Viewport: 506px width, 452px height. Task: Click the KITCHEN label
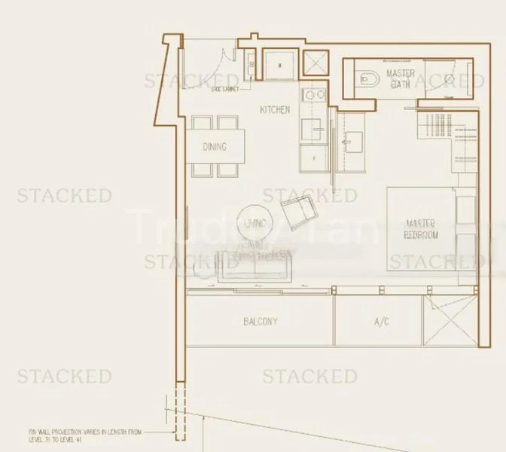tap(275, 110)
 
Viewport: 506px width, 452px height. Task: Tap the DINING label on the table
tap(214, 148)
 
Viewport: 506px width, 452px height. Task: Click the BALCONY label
tap(261, 322)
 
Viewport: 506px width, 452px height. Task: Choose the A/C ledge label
tap(382, 322)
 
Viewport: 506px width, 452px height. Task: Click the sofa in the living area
tap(255, 267)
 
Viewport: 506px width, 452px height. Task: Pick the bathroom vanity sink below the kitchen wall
tap(352, 139)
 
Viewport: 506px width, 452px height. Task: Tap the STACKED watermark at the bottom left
tap(65, 376)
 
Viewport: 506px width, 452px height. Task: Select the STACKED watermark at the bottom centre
tap(309, 376)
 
